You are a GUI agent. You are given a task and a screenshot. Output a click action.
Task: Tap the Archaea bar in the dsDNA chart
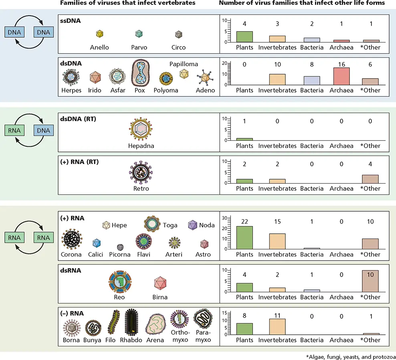tap(341, 76)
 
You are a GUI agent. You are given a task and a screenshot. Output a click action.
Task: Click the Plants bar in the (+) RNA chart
tap(244, 237)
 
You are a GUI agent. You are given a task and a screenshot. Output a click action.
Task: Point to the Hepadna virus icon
tap(141, 129)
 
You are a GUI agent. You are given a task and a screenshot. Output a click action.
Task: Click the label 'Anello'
tap(100, 47)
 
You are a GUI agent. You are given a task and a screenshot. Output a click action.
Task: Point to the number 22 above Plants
tap(244, 222)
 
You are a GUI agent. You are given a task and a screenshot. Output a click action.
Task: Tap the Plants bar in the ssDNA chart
tap(244, 36)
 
